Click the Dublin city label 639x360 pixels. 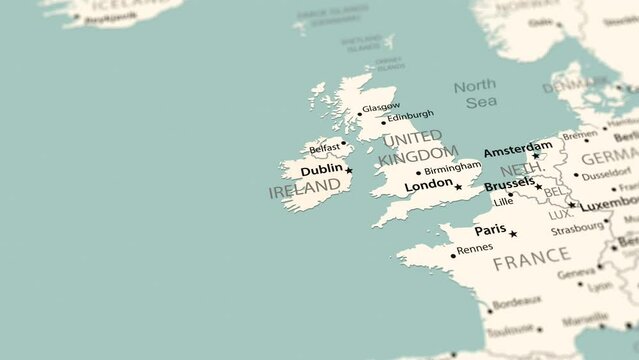[x=320, y=171]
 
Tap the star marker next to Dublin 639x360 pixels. [x=349, y=171]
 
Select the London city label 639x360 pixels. [x=428, y=185]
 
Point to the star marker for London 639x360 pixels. [x=458, y=187]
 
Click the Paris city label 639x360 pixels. [x=490, y=230]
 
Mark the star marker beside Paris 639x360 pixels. [x=513, y=234]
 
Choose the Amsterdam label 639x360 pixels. [x=517, y=151]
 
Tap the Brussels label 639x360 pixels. [x=508, y=185]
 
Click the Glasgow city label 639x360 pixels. [x=381, y=107]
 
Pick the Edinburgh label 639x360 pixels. [x=410, y=115]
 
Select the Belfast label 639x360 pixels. [x=324, y=148]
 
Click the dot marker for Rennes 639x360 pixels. [x=453, y=256]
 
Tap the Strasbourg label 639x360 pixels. [x=577, y=229]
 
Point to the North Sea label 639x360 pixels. [x=474, y=94]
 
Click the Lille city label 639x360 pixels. [x=503, y=201]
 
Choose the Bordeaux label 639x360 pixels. [x=517, y=300]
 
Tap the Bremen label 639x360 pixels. [x=579, y=135]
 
